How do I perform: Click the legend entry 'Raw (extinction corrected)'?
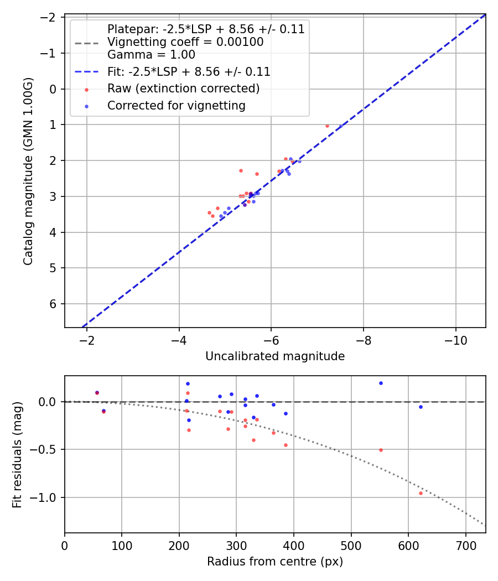pos(183,89)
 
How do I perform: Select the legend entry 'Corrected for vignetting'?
pos(176,105)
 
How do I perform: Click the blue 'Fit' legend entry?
pos(188,71)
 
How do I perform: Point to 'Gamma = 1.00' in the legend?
pos(151,55)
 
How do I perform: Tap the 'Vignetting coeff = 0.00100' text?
pos(185,42)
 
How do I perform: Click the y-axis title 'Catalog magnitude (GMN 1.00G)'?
pos(28,171)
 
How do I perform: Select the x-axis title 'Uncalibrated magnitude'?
pos(275,356)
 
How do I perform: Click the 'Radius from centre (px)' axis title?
pos(275,562)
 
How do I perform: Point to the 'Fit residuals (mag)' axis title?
pos(17,454)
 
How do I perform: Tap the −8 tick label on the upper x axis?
pos(364,339)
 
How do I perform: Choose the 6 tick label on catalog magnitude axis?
pos(54,304)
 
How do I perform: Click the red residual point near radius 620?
pos(421,493)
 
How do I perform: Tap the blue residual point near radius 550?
pos(381,383)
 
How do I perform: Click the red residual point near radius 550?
pos(381,450)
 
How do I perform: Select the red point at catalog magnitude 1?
pos(327,126)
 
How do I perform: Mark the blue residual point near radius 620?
pos(421,407)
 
